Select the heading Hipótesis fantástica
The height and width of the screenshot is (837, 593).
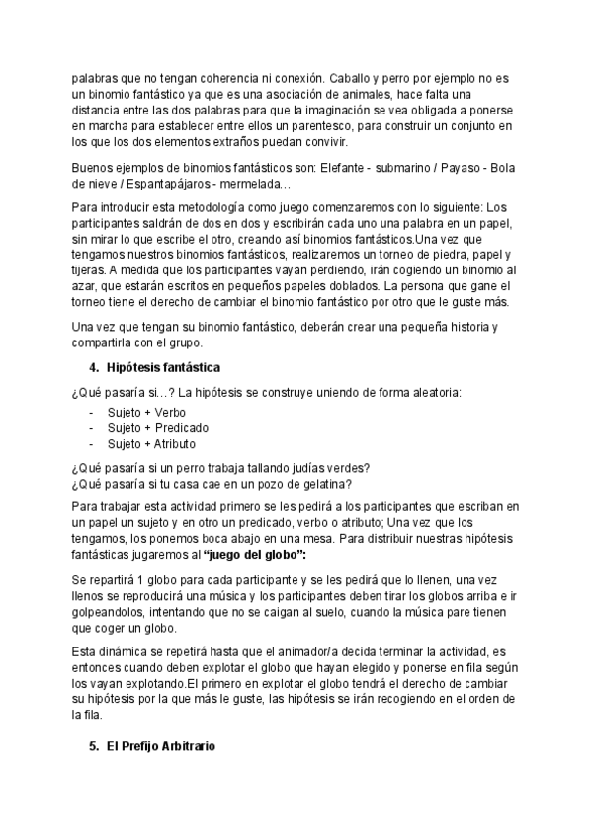[x=163, y=367]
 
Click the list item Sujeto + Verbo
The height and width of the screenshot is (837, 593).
[x=146, y=413]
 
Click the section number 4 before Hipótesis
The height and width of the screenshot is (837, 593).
[x=92, y=367]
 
